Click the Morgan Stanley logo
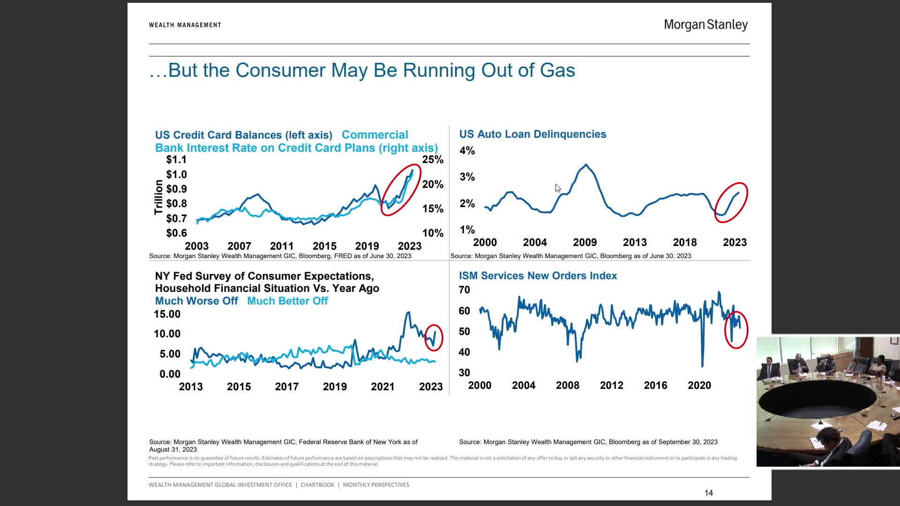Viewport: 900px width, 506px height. pyautogui.click(x=705, y=25)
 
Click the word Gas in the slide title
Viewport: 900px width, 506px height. pyautogui.click(x=557, y=70)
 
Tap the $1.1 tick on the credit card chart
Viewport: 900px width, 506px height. pyautogui.click(x=176, y=160)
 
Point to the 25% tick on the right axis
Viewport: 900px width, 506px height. pyautogui.click(x=432, y=160)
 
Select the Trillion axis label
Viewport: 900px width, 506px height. pyautogui.click(x=158, y=197)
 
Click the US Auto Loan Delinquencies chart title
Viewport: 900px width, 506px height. pyautogui.click(x=532, y=134)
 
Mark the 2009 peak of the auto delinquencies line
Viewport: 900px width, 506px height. pyautogui.click(x=586, y=165)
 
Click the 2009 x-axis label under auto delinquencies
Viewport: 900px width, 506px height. pyautogui.click(x=585, y=243)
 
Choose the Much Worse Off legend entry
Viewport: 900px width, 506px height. pyautogui.click(x=196, y=301)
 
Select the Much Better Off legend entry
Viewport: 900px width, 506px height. pyautogui.click(x=287, y=301)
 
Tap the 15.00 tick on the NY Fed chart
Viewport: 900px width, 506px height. pyautogui.click(x=167, y=314)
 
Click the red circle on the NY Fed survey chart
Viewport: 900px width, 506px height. pyautogui.click(x=434, y=337)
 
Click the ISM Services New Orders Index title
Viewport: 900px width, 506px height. pyautogui.click(x=538, y=276)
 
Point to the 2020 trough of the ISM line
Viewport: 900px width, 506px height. pyautogui.click(x=702, y=365)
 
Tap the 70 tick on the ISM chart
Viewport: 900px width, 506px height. pyautogui.click(x=464, y=290)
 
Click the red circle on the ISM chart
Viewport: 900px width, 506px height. pyautogui.click(x=736, y=330)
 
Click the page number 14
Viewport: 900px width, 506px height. pyautogui.click(x=708, y=493)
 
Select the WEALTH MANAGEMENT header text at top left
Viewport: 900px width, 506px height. pyautogui.click(x=185, y=25)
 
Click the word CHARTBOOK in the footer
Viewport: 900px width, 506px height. pyautogui.click(x=317, y=485)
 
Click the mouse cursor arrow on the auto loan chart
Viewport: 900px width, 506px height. pyautogui.click(x=557, y=188)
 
